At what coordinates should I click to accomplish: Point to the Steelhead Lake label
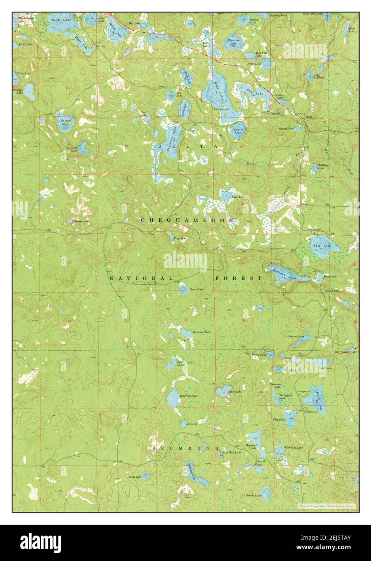71,149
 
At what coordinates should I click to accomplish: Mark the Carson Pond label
286,128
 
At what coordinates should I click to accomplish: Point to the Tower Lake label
196,289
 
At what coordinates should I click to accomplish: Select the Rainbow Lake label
202,332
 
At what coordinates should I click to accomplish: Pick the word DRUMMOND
185,448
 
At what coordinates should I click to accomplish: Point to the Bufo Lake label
235,391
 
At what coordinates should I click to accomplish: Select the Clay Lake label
279,419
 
